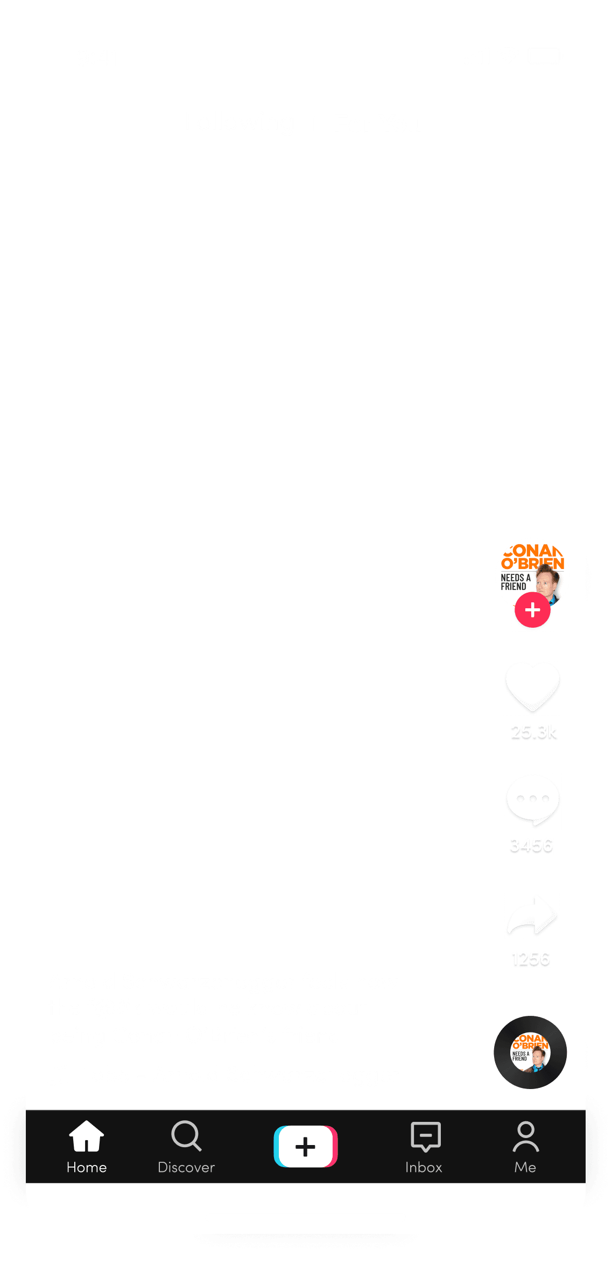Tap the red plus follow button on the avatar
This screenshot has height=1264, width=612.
pos(532,610)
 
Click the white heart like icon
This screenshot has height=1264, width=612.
pos(532,686)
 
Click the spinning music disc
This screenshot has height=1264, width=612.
pos(530,1052)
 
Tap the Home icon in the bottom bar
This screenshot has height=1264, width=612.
pos(86,1136)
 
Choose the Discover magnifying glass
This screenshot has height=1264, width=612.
pos(186,1136)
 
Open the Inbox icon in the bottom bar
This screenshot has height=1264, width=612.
pos(425,1136)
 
